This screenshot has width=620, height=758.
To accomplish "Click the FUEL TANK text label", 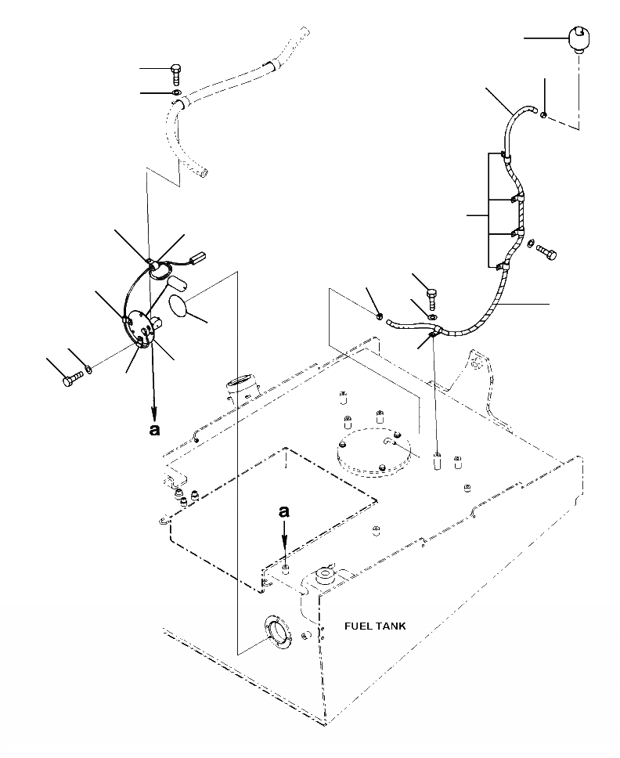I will click(x=375, y=626).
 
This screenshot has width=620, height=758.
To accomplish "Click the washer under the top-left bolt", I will click(x=177, y=95).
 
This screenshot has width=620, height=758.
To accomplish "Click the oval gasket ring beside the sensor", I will click(x=182, y=305).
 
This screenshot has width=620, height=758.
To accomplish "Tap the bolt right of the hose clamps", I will click(x=548, y=253).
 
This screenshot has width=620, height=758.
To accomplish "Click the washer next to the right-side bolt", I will click(x=531, y=246).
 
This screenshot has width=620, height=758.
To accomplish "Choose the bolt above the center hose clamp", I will click(x=431, y=297).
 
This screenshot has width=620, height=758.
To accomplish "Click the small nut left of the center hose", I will click(x=379, y=316).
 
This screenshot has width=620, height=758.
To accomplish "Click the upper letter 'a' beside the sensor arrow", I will click(x=154, y=429).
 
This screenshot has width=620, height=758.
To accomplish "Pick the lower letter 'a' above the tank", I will click(x=286, y=511).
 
